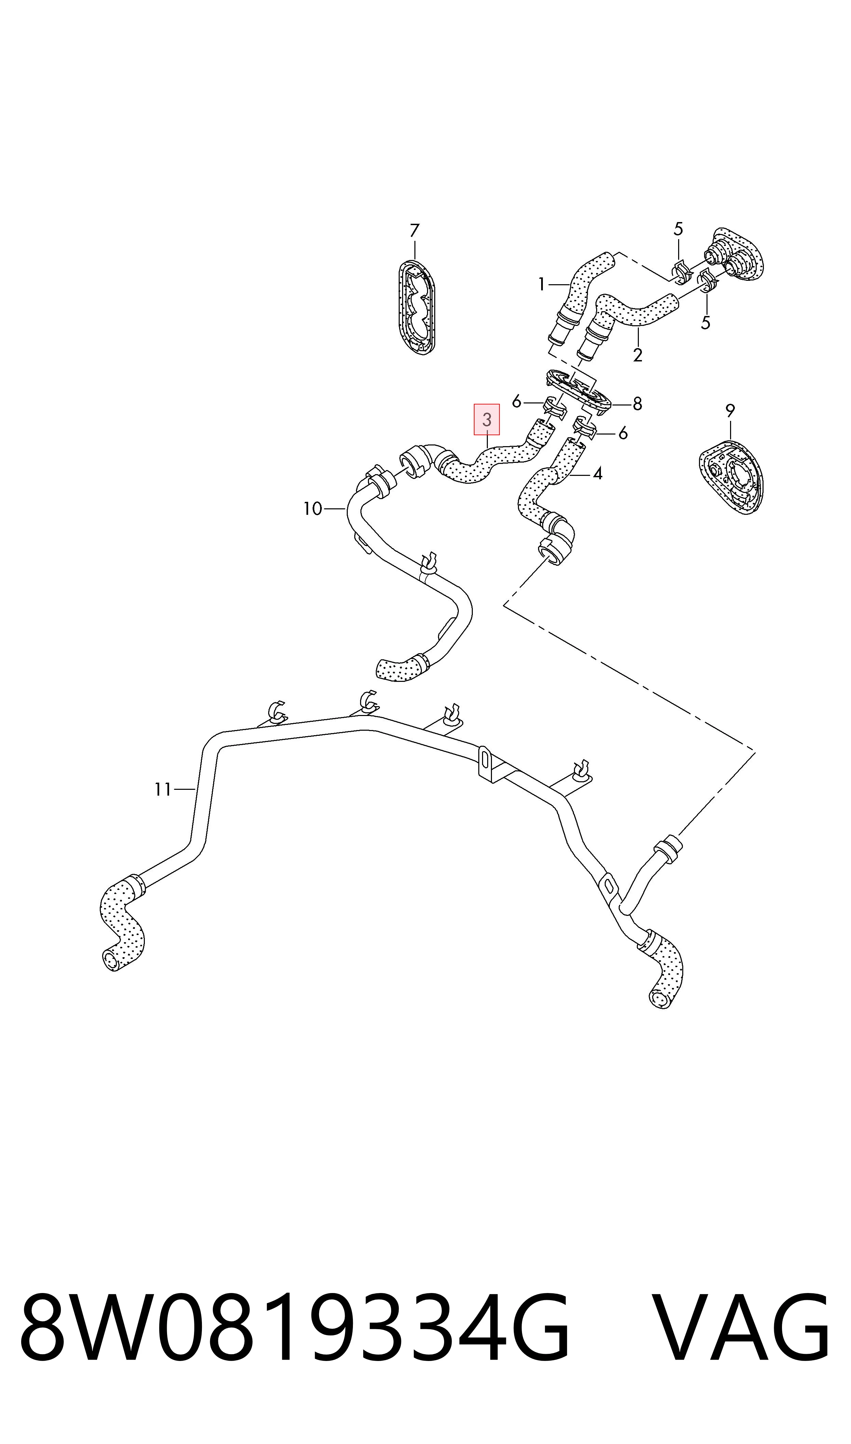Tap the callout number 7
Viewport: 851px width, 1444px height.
click(415, 231)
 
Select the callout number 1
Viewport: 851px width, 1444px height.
click(541, 284)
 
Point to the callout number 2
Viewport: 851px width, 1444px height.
click(638, 355)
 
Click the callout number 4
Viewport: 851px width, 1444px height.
click(598, 474)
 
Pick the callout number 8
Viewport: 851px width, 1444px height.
click(637, 404)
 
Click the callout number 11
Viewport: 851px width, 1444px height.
click(163, 790)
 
